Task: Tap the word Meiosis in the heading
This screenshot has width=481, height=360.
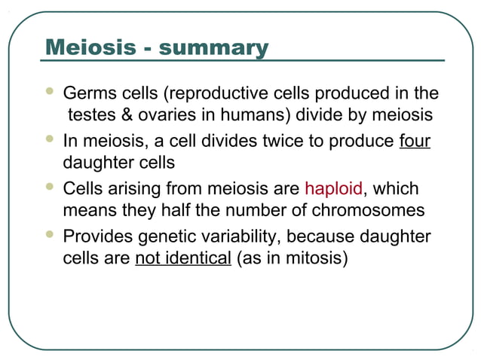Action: [x=89, y=48]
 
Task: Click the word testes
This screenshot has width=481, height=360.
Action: [x=89, y=117]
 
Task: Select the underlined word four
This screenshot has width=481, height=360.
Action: [x=415, y=141]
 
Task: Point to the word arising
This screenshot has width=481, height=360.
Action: [x=134, y=188]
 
